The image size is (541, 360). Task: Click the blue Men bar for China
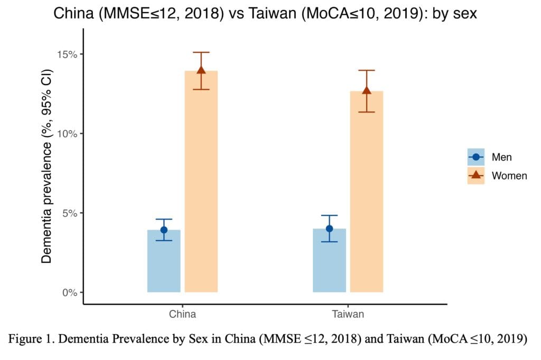click(164, 261)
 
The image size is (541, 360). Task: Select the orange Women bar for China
click(201, 182)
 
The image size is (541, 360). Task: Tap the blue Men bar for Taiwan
click(330, 260)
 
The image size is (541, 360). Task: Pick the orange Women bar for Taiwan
click(367, 192)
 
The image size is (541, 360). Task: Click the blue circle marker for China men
click(164, 230)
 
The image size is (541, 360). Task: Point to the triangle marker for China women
click(201, 70)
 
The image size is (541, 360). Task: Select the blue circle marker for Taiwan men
click(330, 229)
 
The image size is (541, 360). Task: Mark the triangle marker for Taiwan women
click(367, 90)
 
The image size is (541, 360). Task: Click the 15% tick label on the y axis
click(67, 54)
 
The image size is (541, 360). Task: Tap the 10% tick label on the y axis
click(67, 134)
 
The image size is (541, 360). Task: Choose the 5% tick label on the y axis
click(70, 213)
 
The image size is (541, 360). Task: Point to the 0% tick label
click(70, 292)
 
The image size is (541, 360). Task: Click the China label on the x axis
click(182, 314)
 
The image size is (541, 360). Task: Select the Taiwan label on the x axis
click(348, 314)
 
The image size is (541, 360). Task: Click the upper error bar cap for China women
click(201, 52)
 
